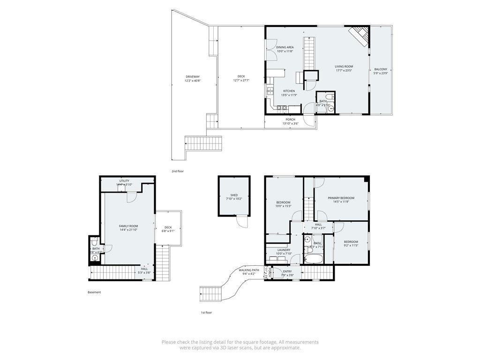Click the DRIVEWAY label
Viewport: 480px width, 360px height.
[192, 76]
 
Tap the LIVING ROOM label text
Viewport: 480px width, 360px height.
[344, 67]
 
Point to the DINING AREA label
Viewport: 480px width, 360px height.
[285, 47]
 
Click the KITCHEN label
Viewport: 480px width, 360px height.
[289, 91]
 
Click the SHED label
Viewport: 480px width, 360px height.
[234, 195]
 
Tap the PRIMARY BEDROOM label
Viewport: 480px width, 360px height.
[341, 198]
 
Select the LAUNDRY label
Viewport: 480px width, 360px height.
[284, 250]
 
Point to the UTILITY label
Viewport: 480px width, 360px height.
[124, 181]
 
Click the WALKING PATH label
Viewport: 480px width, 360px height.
[249, 270]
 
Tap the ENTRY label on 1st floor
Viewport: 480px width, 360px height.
[287, 271]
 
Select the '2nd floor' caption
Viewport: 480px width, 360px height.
[178, 171]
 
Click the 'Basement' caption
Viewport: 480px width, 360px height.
[94, 292]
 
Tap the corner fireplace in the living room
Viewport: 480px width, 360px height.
[359, 36]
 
